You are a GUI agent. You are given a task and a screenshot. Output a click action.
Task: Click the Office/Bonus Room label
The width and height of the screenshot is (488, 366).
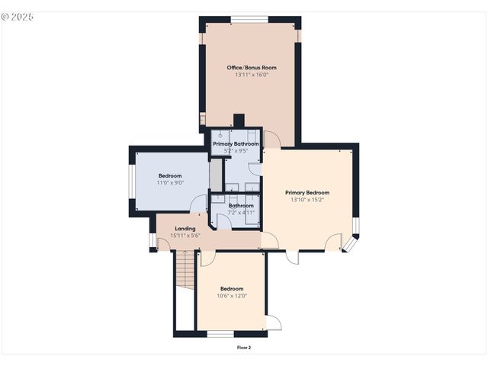pos(252,68)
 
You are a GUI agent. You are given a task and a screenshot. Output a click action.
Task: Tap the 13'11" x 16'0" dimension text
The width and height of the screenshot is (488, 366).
pos(252,75)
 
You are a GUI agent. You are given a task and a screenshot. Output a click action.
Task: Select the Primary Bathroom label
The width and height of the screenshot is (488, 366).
pos(236,143)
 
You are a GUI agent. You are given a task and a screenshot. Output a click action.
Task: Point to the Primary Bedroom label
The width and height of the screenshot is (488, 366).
pos(307,192)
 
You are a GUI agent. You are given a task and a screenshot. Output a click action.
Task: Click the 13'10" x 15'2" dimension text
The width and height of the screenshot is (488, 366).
pos(307,200)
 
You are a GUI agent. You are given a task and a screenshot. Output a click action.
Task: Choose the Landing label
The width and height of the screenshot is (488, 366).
pos(185,228)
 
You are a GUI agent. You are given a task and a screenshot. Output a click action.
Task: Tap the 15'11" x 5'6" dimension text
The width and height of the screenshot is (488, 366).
pos(185,235)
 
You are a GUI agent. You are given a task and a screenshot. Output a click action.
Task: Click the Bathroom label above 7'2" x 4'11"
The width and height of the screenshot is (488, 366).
pos(241,205)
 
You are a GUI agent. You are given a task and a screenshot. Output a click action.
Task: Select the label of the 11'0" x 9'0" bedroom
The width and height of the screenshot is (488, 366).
pos(170,175)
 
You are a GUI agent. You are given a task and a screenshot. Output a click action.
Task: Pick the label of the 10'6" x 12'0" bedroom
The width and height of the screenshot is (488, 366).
pos(232,288)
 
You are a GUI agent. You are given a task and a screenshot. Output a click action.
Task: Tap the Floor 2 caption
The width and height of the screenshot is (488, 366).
pos(244,347)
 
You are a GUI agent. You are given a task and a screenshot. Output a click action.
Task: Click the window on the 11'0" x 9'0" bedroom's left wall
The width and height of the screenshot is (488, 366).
pos(132,183)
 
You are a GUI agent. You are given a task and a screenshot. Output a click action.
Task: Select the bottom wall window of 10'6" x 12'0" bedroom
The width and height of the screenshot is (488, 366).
pos(220,333)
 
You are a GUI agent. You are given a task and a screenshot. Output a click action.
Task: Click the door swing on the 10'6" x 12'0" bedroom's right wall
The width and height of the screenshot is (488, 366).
pos(272,322)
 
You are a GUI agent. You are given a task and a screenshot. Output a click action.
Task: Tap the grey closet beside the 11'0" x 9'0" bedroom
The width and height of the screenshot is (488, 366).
pos(216,175)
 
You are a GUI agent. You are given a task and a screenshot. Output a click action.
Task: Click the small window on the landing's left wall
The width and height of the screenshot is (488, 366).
pos(152,240)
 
